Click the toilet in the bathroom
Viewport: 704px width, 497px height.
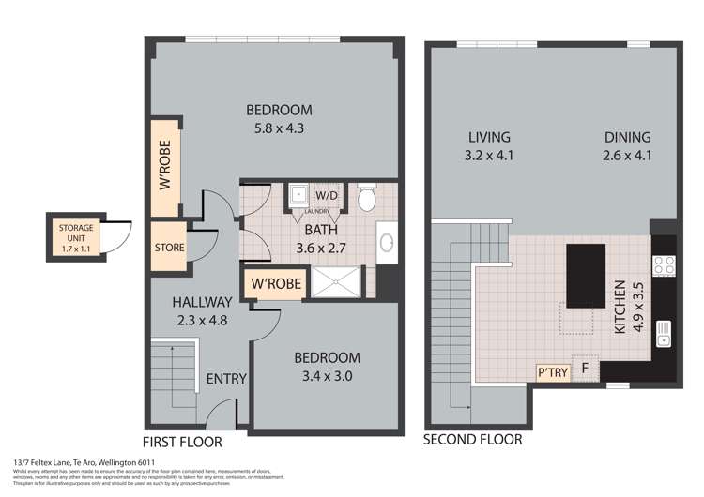(x=367, y=198)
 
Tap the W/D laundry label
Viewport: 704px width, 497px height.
(x=325, y=195)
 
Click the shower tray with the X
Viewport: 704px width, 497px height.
(x=334, y=282)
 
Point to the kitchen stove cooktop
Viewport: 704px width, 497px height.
(x=664, y=265)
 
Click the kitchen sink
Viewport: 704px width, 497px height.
(x=665, y=332)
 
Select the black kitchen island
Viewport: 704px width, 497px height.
(x=585, y=274)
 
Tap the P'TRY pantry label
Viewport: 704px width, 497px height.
(x=548, y=371)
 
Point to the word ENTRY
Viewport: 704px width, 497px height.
(x=225, y=380)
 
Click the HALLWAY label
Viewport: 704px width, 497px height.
(x=201, y=302)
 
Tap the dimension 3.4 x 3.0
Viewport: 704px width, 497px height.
(x=327, y=376)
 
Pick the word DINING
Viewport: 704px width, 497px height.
(x=627, y=137)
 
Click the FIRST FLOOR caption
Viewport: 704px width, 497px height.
(x=182, y=441)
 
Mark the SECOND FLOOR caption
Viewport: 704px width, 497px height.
(x=472, y=439)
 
